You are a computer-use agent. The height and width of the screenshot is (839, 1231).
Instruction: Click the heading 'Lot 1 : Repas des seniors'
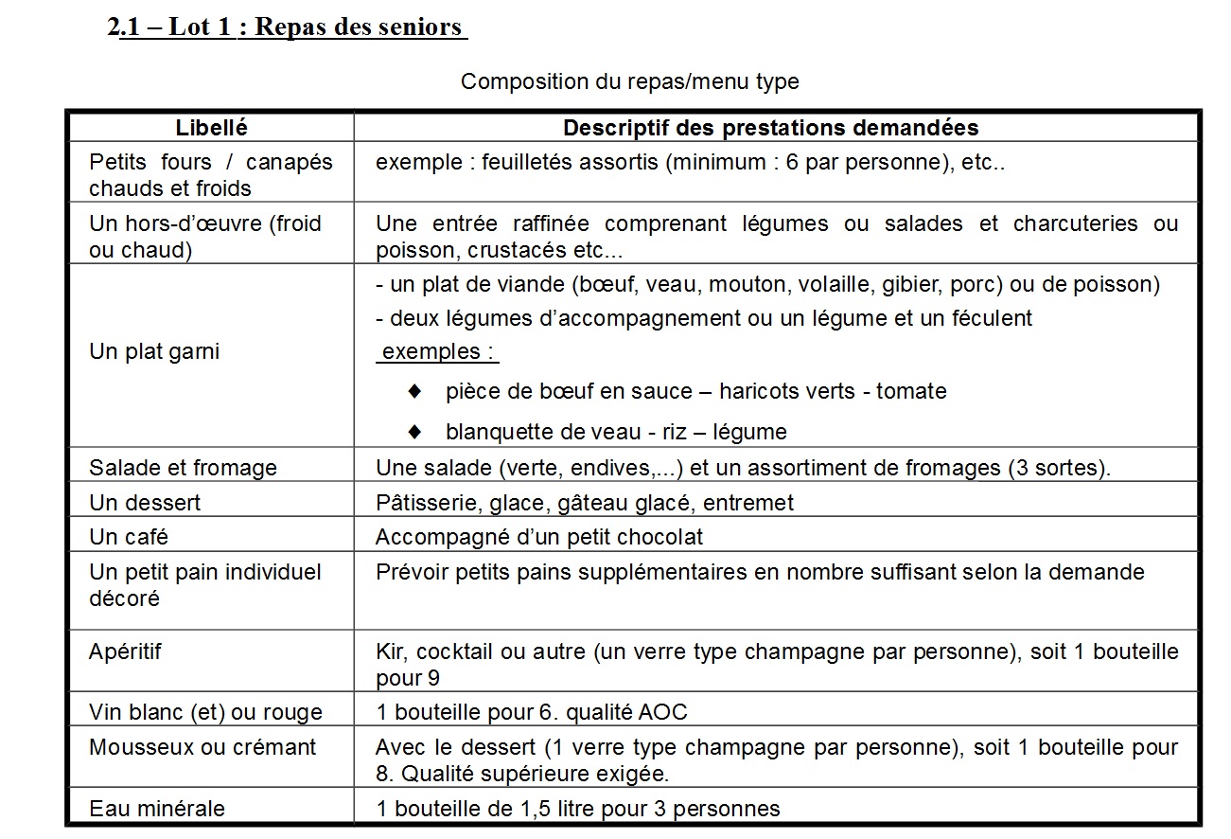coord(289,27)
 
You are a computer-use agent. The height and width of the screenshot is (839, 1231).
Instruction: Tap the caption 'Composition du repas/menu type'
coord(629,81)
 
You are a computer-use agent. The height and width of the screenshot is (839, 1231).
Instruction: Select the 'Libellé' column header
coord(211,127)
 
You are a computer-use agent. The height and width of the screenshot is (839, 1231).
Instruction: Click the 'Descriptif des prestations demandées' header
coord(770,127)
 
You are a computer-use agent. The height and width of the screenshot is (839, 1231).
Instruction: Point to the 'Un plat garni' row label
coord(154,351)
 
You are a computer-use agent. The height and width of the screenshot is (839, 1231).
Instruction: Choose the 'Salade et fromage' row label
coord(183,468)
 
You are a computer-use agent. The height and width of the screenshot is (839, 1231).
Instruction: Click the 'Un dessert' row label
coord(145,503)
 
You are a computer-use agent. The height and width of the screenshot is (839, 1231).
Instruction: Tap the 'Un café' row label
coord(129,537)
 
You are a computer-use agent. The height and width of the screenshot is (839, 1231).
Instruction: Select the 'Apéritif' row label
coord(126,652)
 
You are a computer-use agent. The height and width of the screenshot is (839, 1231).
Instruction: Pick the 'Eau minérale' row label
coord(157,809)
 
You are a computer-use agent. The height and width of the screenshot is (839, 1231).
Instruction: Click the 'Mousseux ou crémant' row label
coord(202,747)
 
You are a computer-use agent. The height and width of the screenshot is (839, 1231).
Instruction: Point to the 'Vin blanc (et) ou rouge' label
coord(205,712)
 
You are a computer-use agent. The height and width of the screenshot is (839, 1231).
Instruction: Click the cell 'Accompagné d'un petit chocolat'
coord(539,537)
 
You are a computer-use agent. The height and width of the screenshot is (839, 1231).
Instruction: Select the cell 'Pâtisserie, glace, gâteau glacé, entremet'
coord(585,503)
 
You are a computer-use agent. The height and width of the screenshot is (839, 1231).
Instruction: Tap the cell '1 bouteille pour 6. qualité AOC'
coord(531,712)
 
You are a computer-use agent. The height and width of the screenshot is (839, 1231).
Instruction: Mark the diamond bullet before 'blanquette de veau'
coord(413,432)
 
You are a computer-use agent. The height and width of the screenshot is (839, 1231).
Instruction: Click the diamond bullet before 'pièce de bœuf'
coord(413,390)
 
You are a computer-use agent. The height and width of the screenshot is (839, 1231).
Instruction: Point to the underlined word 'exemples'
coord(437,351)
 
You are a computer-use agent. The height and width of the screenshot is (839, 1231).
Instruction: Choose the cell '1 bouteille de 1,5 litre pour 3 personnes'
coord(578,809)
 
